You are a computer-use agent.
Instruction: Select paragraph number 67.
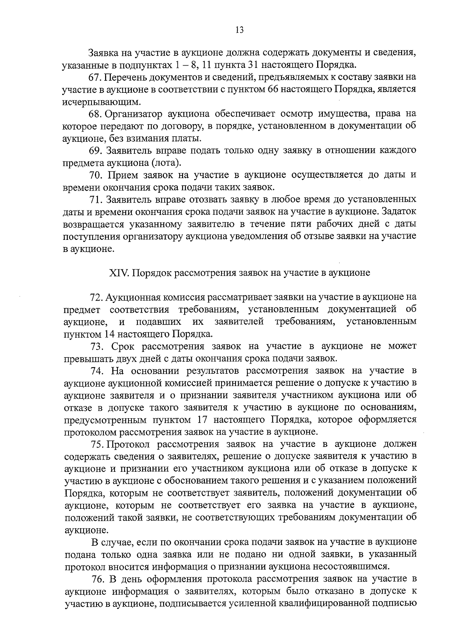95,77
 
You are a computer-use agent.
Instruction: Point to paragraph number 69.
96,150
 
